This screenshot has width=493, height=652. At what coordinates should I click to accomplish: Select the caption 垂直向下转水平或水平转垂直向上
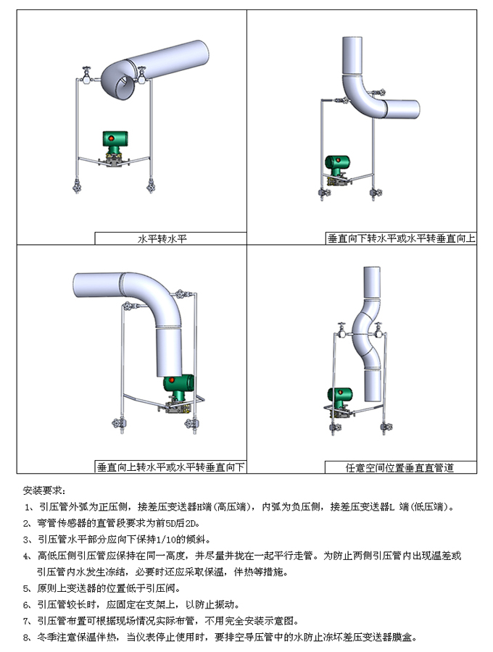tap(401, 238)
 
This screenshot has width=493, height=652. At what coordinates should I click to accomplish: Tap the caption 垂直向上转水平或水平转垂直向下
tap(171, 467)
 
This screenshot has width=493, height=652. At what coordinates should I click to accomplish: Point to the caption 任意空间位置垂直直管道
tap(399, 468)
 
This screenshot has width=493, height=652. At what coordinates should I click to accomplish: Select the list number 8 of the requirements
tap(27, 638)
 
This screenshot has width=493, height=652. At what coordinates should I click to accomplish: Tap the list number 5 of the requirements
tap(27, 588)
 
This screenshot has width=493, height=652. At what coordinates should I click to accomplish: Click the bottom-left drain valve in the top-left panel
tap(77, 187)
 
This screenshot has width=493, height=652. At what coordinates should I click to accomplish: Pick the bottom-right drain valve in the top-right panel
tap(375, 193)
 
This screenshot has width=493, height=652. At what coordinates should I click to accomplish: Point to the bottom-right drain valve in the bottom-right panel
tap(382, 429)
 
